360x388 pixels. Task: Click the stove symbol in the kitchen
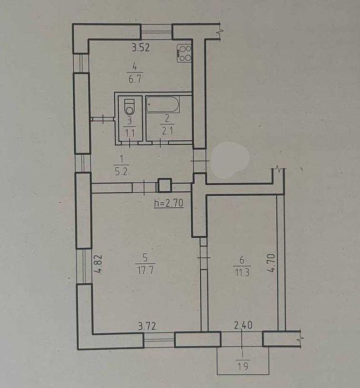[x=184, y=53]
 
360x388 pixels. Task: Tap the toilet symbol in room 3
[x=129, y=107]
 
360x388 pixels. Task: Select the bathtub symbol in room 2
[x=163, y=105]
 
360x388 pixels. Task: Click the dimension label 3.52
[x=141, y=47]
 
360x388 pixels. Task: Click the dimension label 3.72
[x=147, y=326]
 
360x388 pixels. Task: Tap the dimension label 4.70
[x=271, y=263]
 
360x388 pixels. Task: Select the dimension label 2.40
[x=243, y=325]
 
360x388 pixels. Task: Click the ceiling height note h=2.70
[x=169, y=203]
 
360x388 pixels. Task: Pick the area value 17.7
[x=145, y=270]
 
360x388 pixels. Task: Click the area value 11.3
[x=242, y=273]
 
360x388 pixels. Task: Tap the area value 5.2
[x=121, y=171]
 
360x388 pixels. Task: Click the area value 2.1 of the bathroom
[x=168, y=130]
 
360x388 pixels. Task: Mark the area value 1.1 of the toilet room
[x=130, y=133]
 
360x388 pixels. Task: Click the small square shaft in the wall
[x=164, y=185]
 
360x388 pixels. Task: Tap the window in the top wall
[x=156, y=32]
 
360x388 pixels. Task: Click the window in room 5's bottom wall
[x=159, y=340]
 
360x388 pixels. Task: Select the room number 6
[x=242, y=260]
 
